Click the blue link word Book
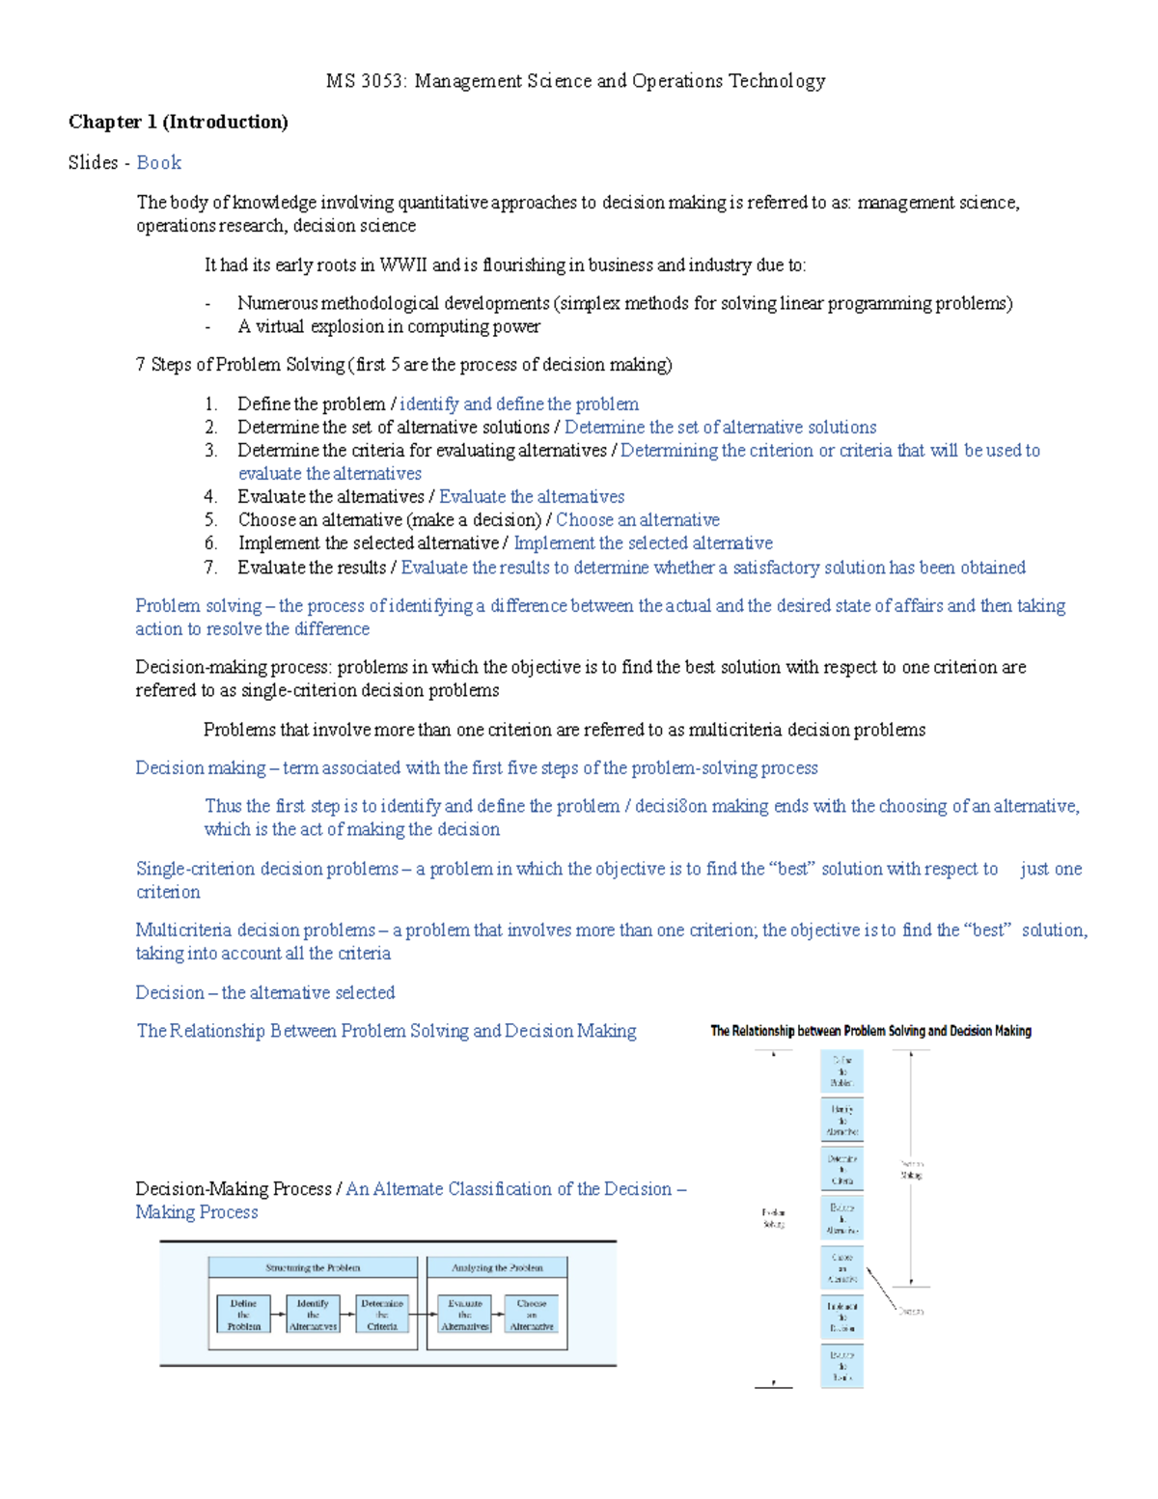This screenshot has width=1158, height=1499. point(159,162)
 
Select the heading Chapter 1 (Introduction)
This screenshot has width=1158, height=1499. point(179,122)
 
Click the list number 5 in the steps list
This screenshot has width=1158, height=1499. point(210,520)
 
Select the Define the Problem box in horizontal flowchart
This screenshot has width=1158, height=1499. point(243,1315)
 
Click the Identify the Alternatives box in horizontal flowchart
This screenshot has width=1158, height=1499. point(313,1315)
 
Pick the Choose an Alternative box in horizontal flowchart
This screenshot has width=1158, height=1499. point(531,1315)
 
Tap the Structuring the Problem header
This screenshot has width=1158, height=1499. point(313,1267)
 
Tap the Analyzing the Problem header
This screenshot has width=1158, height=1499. point(497,1267)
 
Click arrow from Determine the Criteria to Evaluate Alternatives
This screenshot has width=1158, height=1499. point(423,1315)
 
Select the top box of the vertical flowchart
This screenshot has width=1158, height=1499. point(841,1071)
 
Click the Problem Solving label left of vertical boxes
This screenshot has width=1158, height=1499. point(774,1218)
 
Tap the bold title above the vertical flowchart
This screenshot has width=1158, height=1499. point(870,1031)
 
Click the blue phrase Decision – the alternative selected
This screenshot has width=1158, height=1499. point(265,992)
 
